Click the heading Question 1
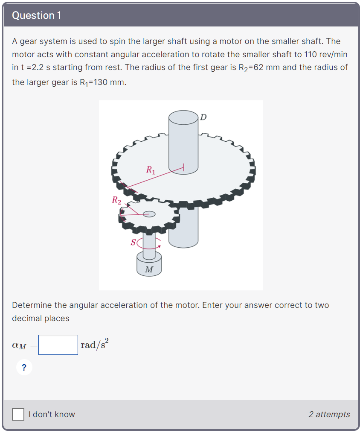click(x=37, y=15)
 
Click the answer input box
click(x=58, y=345)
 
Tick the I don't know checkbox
click(x=18, y=414)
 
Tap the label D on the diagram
click(x=203, y=117)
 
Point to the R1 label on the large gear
click(x=151, y=170)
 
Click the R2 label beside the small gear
click(x=116, y=199)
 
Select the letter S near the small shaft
click(x=133, y=243)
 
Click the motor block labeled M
click(x=149, y=264)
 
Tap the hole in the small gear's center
click(x=149, y=214)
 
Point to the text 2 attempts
click(x=329, y=414)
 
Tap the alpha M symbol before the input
click(x=19, y=345)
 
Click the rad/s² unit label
click(x=94, y=344)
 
